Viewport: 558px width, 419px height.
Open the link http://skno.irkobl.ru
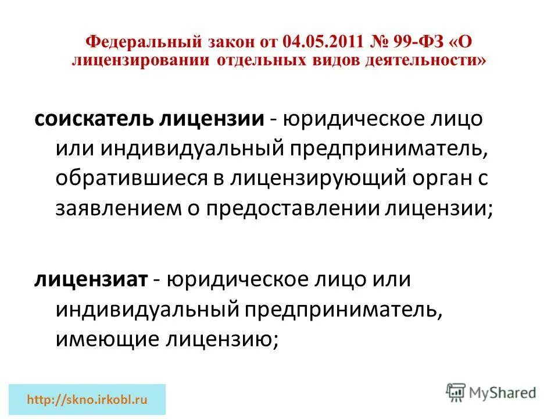pyautogui.click(x=88, y=400)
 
